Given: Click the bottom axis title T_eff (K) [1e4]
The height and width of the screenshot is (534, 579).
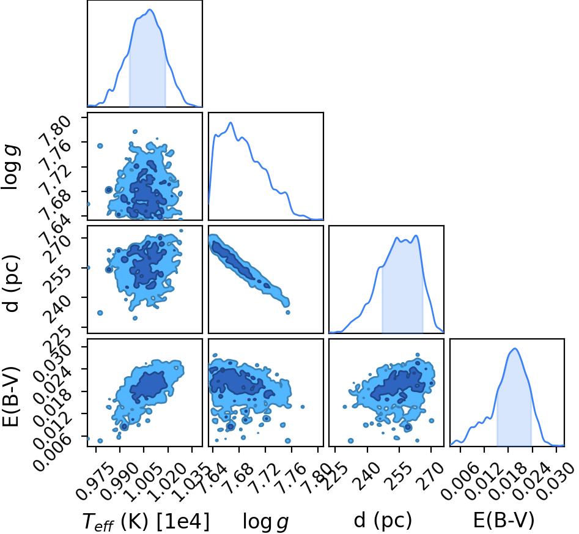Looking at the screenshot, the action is click(x=146, y=522).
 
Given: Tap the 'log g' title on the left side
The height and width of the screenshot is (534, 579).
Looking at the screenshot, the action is click(x=11, y=168).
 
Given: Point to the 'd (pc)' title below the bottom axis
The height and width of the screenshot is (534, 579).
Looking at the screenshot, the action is click(x=383, y=521).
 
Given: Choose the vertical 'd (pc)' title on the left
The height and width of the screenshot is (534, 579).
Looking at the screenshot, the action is click(x=12, y=283).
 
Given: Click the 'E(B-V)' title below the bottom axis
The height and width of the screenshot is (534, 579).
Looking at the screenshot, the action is click(x=504, y=521).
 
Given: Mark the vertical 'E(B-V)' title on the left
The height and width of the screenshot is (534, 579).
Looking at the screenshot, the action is click(x=11, y=396).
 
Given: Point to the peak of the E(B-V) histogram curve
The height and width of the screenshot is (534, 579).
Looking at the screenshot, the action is click(x=515, y=349).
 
